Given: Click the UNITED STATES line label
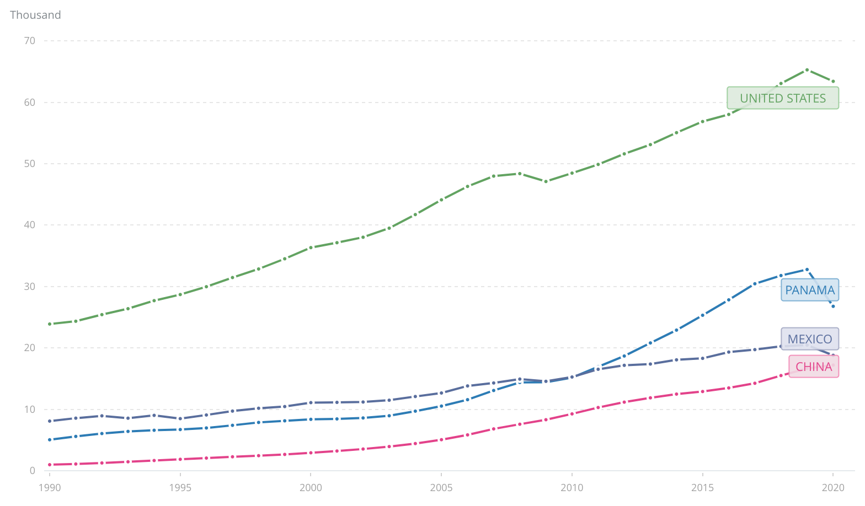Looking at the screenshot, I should pos(782,98).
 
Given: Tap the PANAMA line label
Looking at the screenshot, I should pos(809,290).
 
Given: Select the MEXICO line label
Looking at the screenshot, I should pos(809,339).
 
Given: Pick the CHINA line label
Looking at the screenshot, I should pos(813,367).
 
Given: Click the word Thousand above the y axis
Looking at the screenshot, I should pos(35,15).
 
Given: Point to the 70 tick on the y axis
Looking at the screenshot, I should pos(29,41).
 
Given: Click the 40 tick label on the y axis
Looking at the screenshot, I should pos(29,225).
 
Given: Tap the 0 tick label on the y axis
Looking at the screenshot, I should pos(32,471).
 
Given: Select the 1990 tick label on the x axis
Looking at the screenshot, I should pos(50,487).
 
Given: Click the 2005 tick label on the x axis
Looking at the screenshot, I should pos(441,487).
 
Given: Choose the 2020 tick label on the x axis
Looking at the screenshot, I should pos(833,487).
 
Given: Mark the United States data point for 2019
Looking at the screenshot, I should pos(807,70).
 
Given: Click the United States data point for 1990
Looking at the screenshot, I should pos(50,324).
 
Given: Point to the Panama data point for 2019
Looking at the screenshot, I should pos(807,270).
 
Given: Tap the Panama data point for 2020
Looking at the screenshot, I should pos(833,306).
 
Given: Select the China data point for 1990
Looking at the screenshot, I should pos(50,465).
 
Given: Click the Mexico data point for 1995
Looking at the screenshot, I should pos(180,418).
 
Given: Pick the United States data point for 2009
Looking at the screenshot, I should pos(546,181).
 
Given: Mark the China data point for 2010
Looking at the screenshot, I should pos(572,413).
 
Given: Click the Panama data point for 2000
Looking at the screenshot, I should pos(311,419).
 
